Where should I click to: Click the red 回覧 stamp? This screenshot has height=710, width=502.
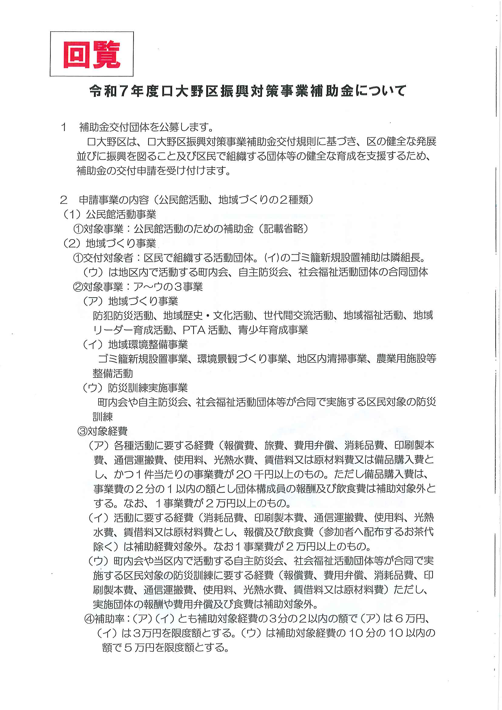pos(91,54)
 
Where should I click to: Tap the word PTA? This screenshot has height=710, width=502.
pos(194,330)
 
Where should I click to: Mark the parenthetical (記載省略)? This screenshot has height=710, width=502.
pos(283,229)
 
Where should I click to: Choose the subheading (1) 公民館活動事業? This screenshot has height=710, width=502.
pos(110,214)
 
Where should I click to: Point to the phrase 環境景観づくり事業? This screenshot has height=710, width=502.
pos(242,359)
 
